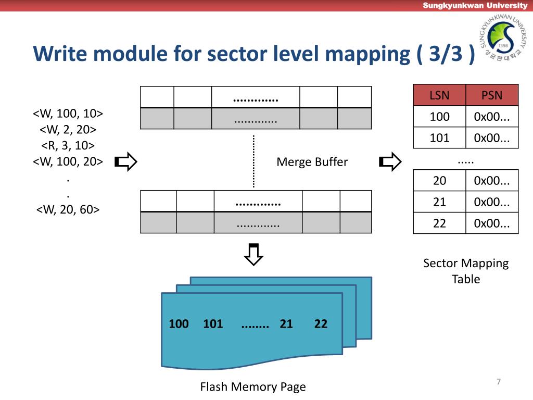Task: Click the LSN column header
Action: (439, 95)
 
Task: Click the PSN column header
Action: (492, 95)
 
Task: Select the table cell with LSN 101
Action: (439, 137)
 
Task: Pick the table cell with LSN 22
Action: (439, 223)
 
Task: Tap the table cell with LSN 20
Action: (439, 180)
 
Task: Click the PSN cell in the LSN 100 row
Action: (492, 116)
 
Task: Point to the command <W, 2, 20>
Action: (68, 129)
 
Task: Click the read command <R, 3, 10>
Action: (68, 145)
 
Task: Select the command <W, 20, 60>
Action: (68, 209)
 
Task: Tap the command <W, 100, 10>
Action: (68, 113)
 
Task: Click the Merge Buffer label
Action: (312, 162)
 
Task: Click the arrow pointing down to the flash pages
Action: (253, 254)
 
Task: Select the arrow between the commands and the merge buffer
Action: (126, 161)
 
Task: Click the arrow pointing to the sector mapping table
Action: (390, 161)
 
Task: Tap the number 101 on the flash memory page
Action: (213, 323)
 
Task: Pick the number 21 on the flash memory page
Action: (286, 323)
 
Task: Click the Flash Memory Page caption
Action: (253, 387)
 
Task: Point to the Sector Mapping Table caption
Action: (466, 271)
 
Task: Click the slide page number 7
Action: (499, 382)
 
